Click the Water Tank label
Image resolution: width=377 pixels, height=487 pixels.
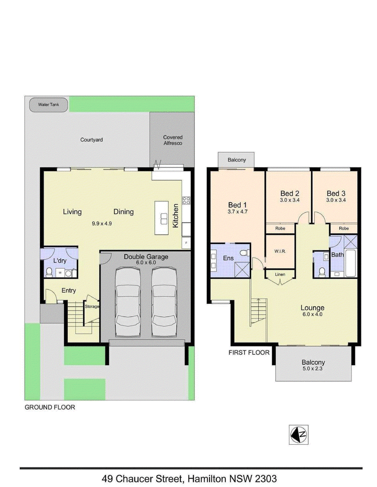click(x=49, y=104)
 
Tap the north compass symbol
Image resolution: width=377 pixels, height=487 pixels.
click(x=299, y=434)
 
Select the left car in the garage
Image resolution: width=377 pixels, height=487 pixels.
click(x=128, y=302)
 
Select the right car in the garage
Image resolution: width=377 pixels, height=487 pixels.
click(x=164, y=302)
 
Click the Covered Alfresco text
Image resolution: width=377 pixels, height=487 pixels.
click(x=172, y=140)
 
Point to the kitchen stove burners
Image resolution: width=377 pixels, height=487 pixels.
click(x=186, y=200)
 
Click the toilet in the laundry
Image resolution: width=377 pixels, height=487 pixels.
click(x=49, y=273)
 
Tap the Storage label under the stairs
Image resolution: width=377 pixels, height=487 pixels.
click(x=92, y=306)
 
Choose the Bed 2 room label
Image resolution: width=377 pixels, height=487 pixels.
click(x=290, y=193)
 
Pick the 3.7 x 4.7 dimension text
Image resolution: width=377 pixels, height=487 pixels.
click(x=238, y=212)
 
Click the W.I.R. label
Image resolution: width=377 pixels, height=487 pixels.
click(x=280, y=251)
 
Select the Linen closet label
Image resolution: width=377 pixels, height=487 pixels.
click(x=280, y=275)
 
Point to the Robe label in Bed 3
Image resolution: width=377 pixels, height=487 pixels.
click(x=344, y=228)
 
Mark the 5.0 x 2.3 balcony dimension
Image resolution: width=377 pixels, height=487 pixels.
click(x=313, y=369)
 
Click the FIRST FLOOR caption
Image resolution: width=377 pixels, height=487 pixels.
click(x=249, y=352)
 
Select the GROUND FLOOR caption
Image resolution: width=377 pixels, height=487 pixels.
click(x=50, y=407)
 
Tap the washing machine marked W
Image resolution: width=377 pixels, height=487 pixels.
click(x=60, y=273)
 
